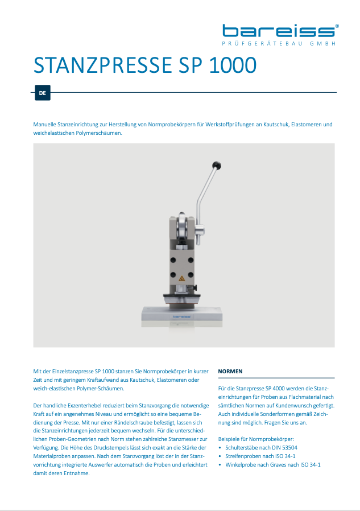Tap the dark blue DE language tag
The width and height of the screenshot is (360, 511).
point(42,92)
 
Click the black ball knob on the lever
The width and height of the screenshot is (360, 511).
point(217,166)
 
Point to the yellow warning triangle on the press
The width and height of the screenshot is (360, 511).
point(182,279)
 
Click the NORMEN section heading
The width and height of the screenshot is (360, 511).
point(230,371)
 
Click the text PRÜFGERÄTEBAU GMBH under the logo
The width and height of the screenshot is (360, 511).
point(279,44)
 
